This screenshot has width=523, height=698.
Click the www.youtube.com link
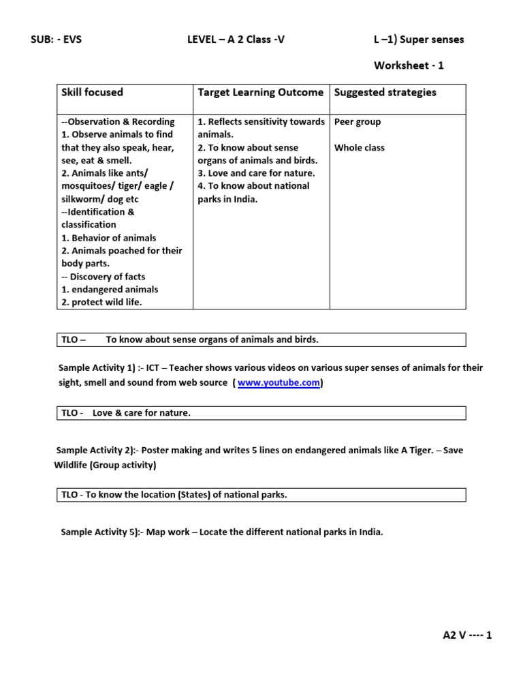coord(279,383)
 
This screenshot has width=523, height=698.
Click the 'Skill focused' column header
coord(93,92)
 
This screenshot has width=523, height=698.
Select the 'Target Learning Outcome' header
coord(260,92)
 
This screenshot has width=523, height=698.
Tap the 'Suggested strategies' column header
coord(385,92)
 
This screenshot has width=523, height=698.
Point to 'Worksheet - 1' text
coord(409,65)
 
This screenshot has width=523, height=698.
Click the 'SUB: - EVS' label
coord(57,40)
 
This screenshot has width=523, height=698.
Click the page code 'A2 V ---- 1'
coord(466,635)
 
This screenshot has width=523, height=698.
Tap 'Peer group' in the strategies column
coord(358,122)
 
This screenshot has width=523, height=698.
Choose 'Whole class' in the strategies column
coord(360,148)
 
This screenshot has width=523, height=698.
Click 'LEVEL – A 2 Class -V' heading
coord(236,40)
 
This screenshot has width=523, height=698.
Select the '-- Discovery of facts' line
coord(104,277)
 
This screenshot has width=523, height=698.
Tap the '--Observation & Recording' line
coord(118,122)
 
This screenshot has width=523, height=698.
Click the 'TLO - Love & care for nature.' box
coord(261,413)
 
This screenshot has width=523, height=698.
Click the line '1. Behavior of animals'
coord(108,238)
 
